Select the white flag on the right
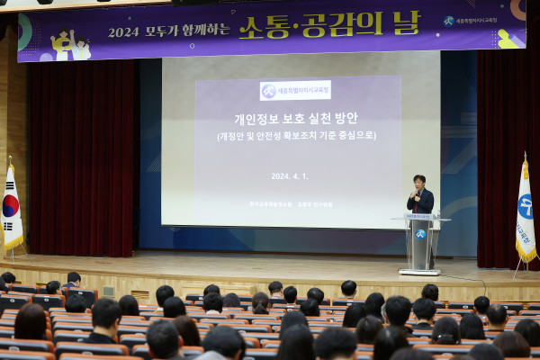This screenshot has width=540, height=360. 526,216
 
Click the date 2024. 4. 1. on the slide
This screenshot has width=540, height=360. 290,175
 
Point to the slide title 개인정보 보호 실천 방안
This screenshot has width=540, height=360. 296,118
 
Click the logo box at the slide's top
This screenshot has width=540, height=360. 295,91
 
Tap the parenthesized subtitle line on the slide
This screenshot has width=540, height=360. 296,136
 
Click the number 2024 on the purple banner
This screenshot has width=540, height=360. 124,31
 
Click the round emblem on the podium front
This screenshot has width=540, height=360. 419,234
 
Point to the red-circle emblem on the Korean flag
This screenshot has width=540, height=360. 10,205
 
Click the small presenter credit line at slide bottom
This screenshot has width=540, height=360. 291,203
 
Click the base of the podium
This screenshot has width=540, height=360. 419,270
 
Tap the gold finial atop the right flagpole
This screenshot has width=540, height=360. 525,156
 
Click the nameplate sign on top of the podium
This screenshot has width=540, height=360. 419,216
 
